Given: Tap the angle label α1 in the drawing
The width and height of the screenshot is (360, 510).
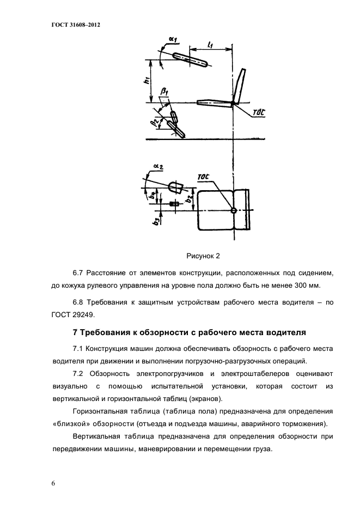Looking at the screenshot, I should click(174, 39).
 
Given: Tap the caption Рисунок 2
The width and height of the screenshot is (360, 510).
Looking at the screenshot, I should click(203, 255).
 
